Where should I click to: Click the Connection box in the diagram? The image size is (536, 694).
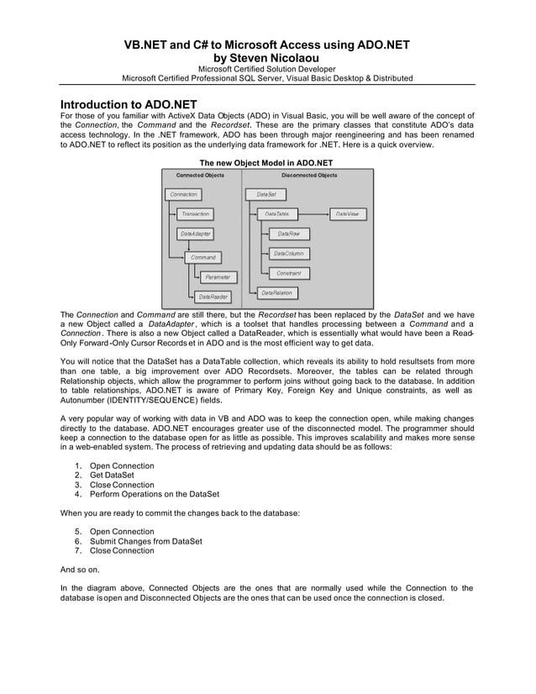[183, 194]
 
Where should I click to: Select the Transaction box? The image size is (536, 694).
[195, 214]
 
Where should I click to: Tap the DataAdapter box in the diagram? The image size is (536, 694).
[195, 234]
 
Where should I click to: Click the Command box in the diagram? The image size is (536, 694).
[202, 257]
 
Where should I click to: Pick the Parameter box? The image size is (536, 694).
[217, 276]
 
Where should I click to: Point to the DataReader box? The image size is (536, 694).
[213, 297]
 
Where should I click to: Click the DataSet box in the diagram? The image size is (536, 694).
[265, 194]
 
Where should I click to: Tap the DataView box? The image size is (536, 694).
[347, 214]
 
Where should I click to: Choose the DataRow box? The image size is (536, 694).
[288, 234]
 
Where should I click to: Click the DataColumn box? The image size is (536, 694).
[288, 253]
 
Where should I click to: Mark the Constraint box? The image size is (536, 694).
[288, 273]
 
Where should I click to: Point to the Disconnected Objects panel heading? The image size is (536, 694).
[308, 176]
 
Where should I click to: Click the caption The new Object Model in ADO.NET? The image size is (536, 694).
[265, 162]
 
